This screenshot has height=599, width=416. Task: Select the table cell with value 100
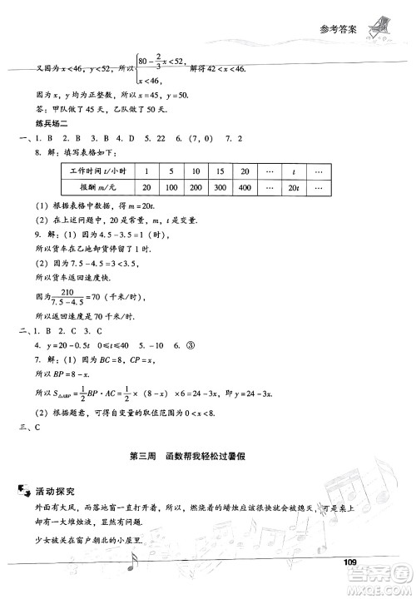click(173, 188)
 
